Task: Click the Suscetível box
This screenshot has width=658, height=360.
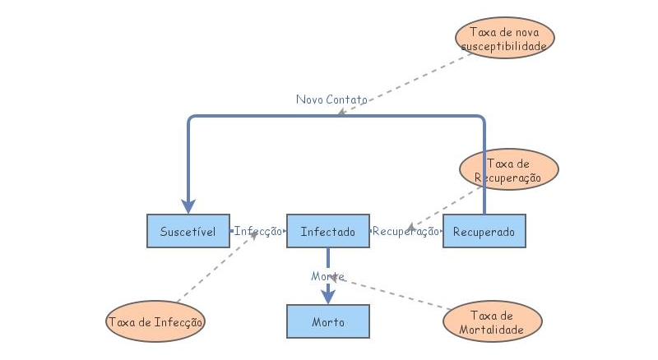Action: point(188,231)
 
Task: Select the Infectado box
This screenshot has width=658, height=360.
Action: point(327,231)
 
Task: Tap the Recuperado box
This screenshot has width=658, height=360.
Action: point(484,231)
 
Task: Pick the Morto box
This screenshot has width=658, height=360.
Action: point(327,321)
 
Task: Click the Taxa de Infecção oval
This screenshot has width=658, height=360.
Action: point(155,321)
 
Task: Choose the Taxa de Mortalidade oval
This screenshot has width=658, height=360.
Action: point(493,322)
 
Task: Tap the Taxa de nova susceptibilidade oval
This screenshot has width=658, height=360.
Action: point(504,39)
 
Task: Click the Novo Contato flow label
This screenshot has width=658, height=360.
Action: point(331,99)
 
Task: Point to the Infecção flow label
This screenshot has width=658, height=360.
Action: point(257,232)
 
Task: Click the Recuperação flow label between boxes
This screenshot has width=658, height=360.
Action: point(405,232)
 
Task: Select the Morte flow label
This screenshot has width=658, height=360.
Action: point(327,276)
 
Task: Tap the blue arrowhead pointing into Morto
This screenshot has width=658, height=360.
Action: point(327,297)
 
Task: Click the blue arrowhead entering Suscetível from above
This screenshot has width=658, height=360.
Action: point(188,205)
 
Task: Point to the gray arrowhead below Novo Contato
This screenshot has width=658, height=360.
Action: point(342,111)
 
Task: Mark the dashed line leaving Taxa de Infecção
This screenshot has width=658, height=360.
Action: point(215,271)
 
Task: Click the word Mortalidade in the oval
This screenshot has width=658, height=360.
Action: point(493,330)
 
